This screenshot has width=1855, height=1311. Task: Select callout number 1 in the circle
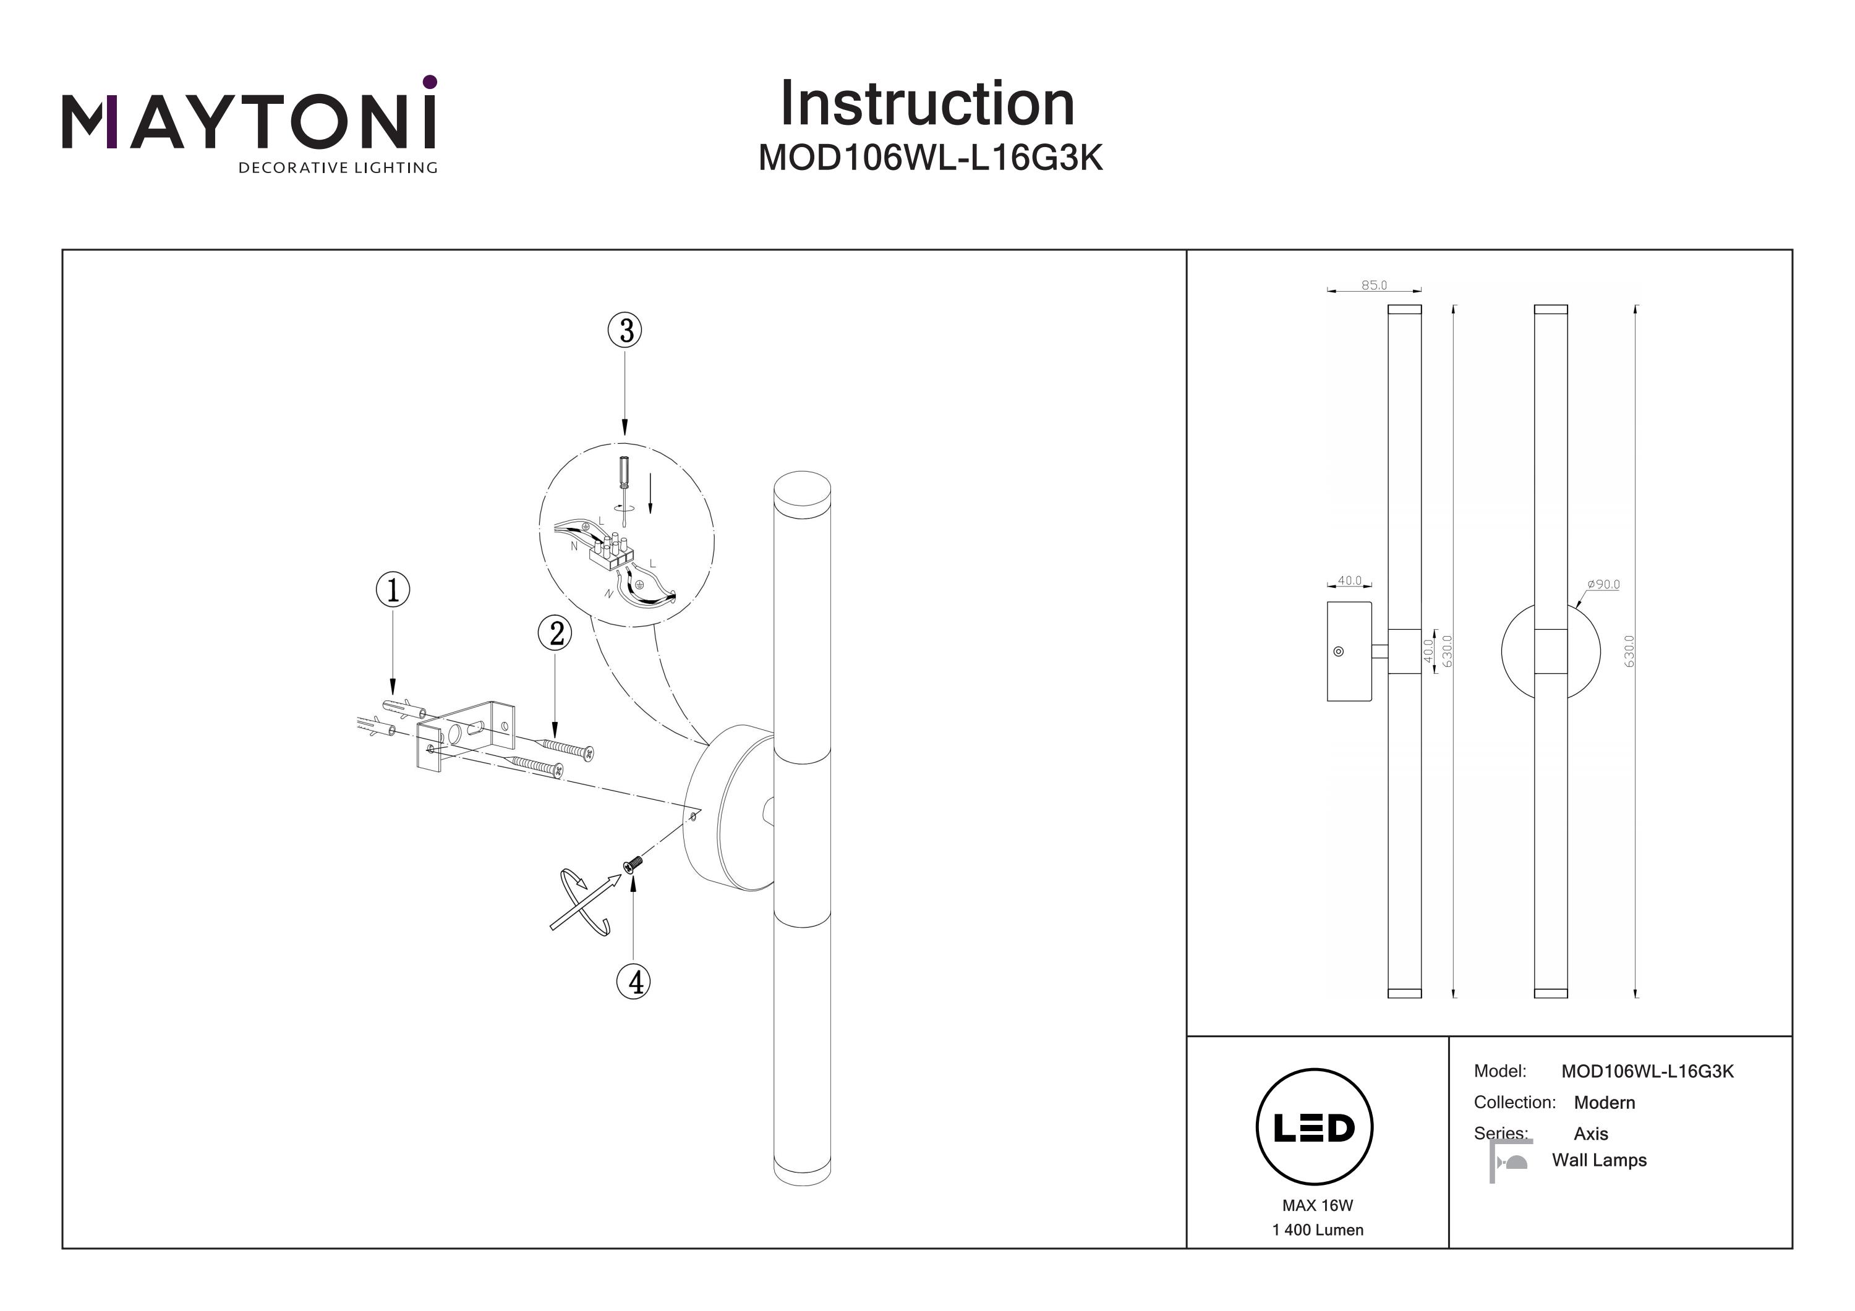(x=393, y=590)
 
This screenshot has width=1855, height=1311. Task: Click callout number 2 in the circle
(x=555, y=634)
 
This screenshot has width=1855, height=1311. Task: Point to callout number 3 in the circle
(x=625, y=330)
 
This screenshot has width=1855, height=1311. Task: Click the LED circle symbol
(x=1314, y=1127)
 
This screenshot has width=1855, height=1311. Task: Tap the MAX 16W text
(x=1317, y=1206)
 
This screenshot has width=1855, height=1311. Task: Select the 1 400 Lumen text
(x=1317, y=1230)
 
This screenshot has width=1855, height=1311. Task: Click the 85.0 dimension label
(x=1373, y=285)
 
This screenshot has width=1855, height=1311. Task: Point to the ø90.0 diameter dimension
(x=1603, y=584)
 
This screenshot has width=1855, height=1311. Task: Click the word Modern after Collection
(x=1604, y=1103)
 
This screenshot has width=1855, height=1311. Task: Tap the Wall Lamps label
(x=1599, y=1161)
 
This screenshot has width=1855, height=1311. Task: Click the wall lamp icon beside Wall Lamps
(x=1510, y=1161)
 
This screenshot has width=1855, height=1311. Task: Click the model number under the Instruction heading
(x=930, y=158)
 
